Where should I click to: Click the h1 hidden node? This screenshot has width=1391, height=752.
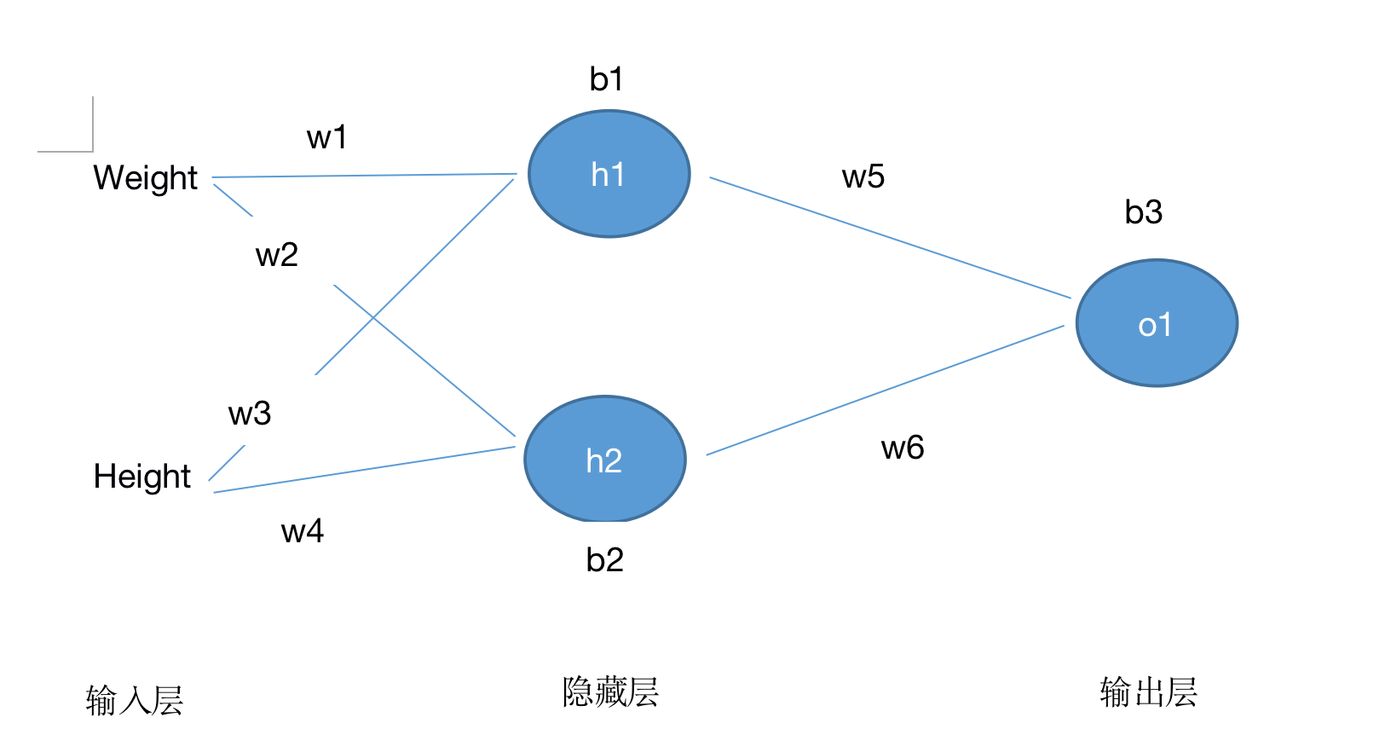tap(609, 174)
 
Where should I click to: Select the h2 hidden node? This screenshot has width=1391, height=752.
tap(605, 460)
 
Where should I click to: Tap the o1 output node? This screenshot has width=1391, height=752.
tap(1157, 323)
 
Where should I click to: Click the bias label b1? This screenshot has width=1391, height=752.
tap(605, 79)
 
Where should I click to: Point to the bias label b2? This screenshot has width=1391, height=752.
tap(605, 560)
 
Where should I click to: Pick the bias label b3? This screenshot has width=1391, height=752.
tap(1143, 211)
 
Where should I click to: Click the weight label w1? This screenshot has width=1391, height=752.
tap(326, 137)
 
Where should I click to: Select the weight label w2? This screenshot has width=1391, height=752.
tap(277, 255)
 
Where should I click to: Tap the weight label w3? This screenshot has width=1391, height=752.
tap(250, 414)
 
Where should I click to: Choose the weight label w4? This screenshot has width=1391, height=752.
tap(303, 531)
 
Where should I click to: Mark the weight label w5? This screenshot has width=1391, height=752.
tap(863, 177)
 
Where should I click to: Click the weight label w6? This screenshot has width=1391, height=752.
tap(903, 448)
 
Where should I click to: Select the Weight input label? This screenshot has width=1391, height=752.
tap(145, 178)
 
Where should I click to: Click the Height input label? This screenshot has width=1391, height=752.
tap(142, 477)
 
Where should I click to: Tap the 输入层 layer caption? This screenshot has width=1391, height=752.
tap(135, 701)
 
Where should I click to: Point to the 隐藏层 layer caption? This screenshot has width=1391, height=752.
tap(610, 691)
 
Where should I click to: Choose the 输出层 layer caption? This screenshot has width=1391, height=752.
tap(1148, 691)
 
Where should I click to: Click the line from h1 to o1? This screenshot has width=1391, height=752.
tap(891, 238)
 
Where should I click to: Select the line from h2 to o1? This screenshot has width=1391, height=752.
tap(886, 390)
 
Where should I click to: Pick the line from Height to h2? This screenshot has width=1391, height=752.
tap(365, 470)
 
